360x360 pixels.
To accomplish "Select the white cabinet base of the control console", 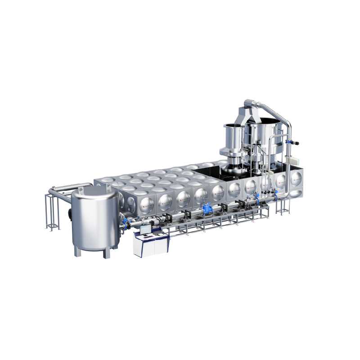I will tap(151, 247).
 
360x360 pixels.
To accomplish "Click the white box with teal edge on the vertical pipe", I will tap(294, 160).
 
